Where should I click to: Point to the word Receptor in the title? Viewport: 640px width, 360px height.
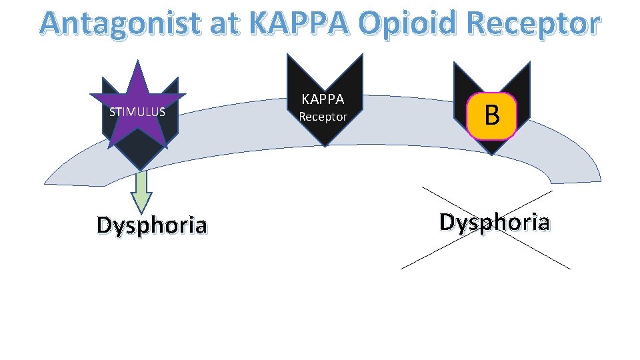pos(535,24)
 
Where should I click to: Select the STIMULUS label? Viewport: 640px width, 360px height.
pos(137,111)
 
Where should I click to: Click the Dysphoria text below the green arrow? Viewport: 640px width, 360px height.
pos(151,225)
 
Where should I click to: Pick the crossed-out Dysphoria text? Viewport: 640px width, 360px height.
pos(494,221)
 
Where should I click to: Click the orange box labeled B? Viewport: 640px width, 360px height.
pos(492,115)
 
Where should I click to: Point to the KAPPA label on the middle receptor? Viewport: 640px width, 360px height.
pos(323,99)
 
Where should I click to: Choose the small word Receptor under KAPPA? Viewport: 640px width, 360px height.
pos(323,117)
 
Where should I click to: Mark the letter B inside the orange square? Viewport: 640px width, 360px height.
pos(492,115)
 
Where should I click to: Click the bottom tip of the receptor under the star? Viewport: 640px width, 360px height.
pos(140,169)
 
